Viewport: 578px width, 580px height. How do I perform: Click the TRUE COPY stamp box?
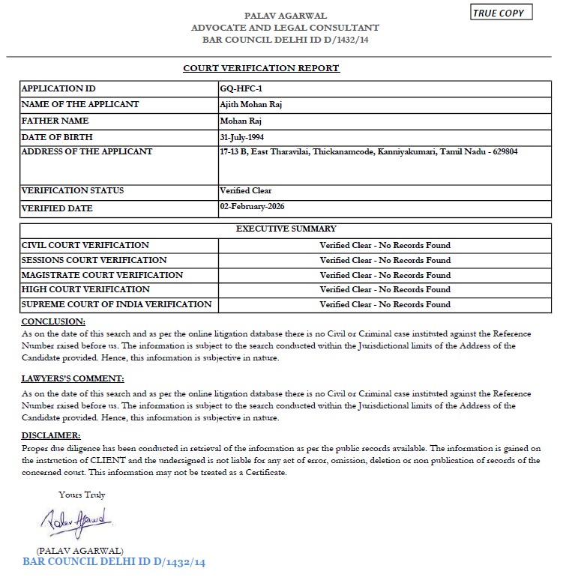[x=502, y=13]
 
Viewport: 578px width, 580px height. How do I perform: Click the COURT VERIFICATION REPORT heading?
[x=261, y=68]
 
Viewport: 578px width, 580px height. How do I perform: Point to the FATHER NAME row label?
[x=55, y=121]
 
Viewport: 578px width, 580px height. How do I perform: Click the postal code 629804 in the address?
[x=505, y=151]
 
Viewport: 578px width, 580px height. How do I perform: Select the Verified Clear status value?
[x=246, y=190]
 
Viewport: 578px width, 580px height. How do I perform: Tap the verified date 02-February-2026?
[x=253, y=206]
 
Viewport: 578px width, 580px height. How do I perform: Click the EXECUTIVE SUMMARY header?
[x=286, y=229]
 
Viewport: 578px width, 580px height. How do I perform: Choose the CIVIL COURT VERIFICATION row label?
[x=85, y=245]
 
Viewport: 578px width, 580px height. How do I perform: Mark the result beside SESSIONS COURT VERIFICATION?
[x=385, y=260]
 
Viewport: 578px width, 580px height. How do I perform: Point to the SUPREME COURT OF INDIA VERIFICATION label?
[x=116, y=304]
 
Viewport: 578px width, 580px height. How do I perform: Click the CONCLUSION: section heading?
[x=52, y=321]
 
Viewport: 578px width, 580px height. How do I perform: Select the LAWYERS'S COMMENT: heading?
[x=73, y=378]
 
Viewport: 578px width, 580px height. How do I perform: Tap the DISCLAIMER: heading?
[x=51, y=435]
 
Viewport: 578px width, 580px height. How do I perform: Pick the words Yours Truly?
[x=82, y=495]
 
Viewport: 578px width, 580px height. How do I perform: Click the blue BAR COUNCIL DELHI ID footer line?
[x=114, y=561]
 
